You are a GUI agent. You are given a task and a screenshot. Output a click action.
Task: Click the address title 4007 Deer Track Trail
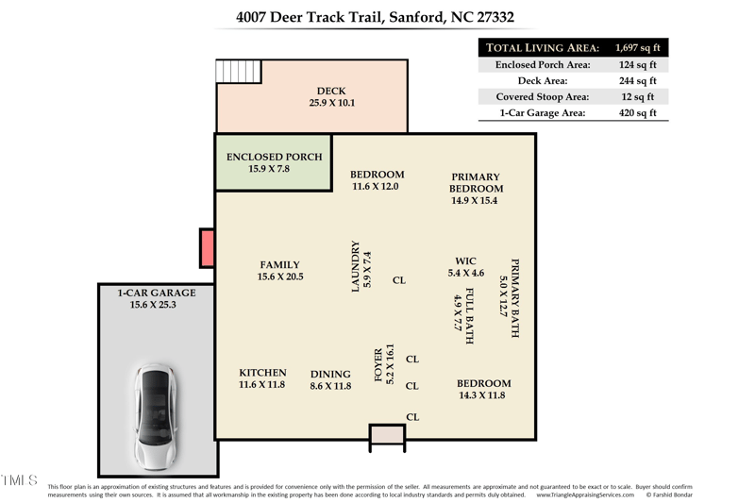coord(375,17)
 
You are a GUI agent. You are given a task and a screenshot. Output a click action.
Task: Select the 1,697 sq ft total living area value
coord(638,47)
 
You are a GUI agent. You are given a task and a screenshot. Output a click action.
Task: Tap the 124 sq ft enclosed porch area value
coord(638,65)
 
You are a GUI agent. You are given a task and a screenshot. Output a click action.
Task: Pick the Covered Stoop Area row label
coord(543,97)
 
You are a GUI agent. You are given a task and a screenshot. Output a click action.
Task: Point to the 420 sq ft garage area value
coord(638,113)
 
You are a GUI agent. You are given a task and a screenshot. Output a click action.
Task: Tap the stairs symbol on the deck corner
coord(239,72)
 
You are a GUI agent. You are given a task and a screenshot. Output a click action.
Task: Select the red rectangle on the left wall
coord(208,248)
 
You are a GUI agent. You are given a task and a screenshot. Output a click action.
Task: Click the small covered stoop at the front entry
coord(387,433)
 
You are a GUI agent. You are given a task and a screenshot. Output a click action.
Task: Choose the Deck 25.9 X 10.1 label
coord(331,97)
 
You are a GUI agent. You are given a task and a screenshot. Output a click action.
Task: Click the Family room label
coord(280,271)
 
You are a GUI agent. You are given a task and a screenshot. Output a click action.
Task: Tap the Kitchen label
coord(261,378)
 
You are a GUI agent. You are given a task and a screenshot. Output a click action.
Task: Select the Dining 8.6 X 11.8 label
coord(330,380)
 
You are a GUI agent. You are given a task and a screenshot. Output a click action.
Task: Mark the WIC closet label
coord(465,267)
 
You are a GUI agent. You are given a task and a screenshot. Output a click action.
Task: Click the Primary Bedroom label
coord(475,189)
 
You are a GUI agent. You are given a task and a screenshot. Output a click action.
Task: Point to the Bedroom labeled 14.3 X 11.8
coord(483,389)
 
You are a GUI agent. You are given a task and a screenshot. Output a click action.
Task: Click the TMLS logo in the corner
coord(19,480)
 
